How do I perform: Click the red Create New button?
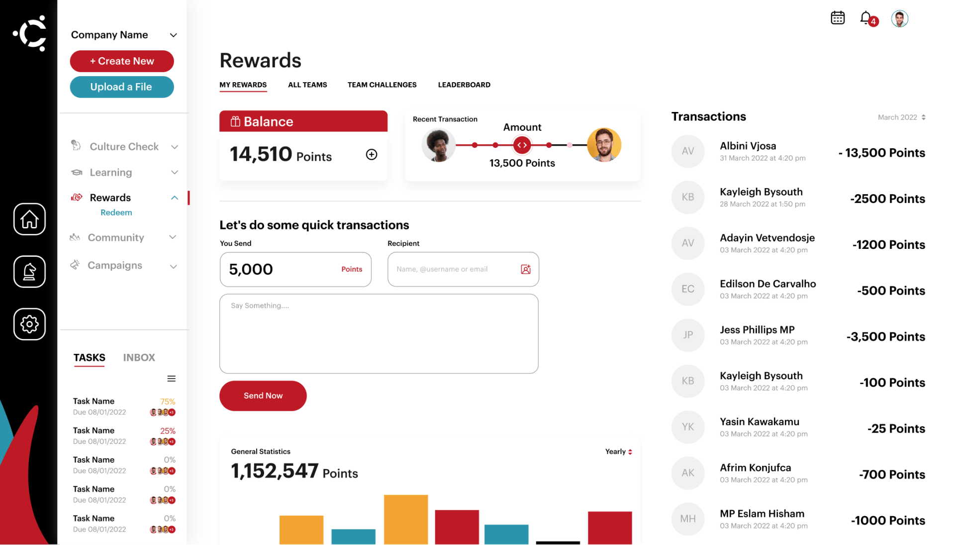tap(122, 61)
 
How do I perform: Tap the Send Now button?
tap(263, 396)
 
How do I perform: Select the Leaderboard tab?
tap(464, 85)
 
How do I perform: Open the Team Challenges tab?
tap(382, 85)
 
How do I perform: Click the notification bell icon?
tap(866, 18)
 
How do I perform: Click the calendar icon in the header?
tap(838, 18)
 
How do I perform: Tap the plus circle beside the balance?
tap(372, 154)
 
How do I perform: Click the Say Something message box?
tap(379, 333)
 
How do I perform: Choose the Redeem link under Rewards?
tap(116, 213)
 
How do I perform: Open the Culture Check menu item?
tap(124, 146)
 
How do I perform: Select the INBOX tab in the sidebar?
tap(139, 357)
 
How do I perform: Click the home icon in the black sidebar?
tap(29, 219)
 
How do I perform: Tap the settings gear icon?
tap(29, 324)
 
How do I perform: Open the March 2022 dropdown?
tap(901, 117)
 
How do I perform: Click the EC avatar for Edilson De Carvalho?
tap(688, 289)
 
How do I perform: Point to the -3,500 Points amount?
tap(886, 336)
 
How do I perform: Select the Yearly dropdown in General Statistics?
tap(619, 451)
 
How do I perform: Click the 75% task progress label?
tap(168, 401)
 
